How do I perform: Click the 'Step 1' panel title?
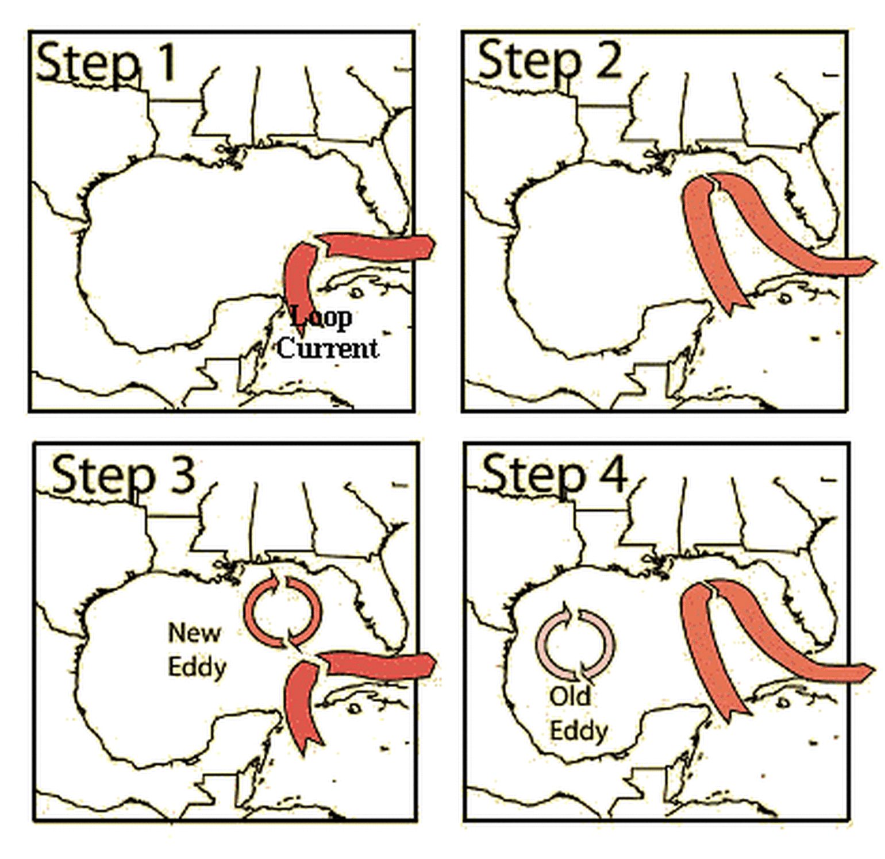(106, 62)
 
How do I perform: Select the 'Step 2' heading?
(550, 61)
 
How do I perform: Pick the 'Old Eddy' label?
(578, 714)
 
